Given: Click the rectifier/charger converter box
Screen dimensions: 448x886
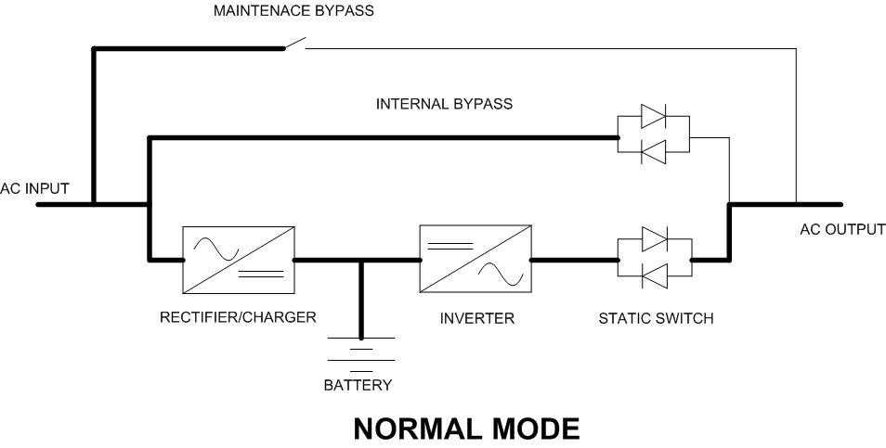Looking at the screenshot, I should click(239, 260).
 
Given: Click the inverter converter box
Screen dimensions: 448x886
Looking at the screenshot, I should click(476, 260).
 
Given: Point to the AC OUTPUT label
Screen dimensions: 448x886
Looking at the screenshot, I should click(842, 229).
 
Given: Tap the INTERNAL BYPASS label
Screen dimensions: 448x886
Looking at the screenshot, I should click(444, 104).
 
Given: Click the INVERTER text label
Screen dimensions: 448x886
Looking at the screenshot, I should click(476, 319).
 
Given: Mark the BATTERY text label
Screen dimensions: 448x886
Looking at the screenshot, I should click(358, 385).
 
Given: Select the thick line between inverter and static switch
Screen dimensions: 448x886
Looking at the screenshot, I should click(574, 261).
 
